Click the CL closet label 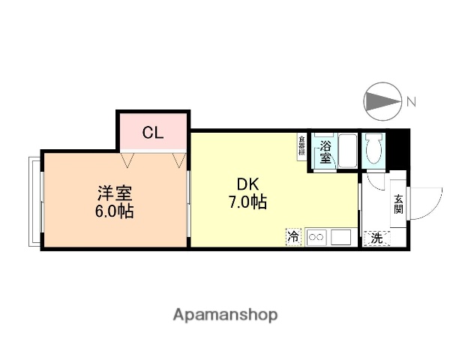click(153, 133)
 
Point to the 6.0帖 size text click(114, 211)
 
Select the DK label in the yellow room click(248, 184)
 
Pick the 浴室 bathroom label click(325, 151)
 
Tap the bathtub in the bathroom click(346, 151)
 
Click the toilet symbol click(373, 149)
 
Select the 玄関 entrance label click(398, 203)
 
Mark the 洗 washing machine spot click(376, 238)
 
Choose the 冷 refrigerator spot click(293, 237)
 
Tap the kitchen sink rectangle click(341, 237)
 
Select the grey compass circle click(382, 101)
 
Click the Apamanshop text click(225, 314)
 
